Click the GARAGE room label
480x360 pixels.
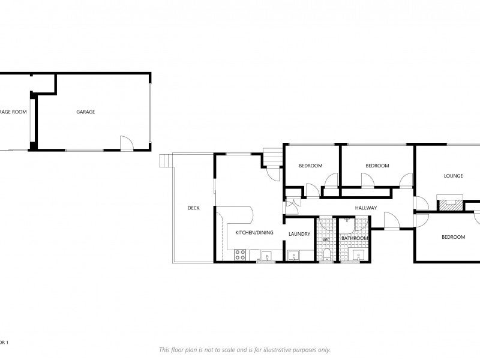[85, 112]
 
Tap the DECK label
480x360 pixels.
[193, 208]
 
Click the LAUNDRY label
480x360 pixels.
[299, 234]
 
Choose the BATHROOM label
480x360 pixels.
[355, 238]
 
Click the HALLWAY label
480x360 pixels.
[365, 208]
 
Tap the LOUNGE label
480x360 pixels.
[453, 176]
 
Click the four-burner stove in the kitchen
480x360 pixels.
[239, 254]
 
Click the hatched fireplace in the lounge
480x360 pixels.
[451, 205]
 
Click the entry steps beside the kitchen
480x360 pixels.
[273, 157]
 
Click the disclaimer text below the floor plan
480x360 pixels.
[244, 350]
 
